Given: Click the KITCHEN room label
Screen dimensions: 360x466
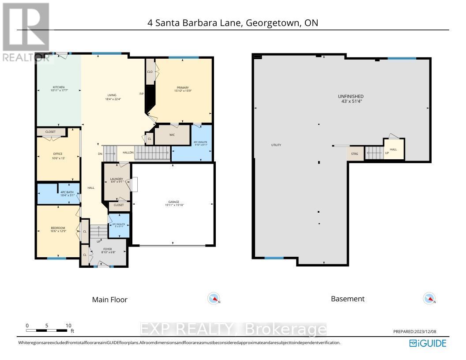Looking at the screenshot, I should [59, 87].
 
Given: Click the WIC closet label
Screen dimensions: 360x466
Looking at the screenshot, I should [173, 135].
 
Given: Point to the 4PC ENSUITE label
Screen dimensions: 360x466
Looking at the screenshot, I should [200, 142].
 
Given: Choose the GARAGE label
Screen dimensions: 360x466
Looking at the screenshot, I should [173, 202].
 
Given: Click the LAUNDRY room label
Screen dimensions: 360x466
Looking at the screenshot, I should [116, 179].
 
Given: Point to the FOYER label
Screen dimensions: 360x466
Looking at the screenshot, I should [108, 248].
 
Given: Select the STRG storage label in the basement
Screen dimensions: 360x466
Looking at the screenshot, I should [354, 154].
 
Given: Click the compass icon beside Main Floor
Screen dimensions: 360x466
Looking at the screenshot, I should [214, 299].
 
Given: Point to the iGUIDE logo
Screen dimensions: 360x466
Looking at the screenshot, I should [428, 343].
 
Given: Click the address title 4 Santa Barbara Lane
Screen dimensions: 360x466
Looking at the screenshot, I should [233, 23].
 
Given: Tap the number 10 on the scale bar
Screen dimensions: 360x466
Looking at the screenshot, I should [68, 325].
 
